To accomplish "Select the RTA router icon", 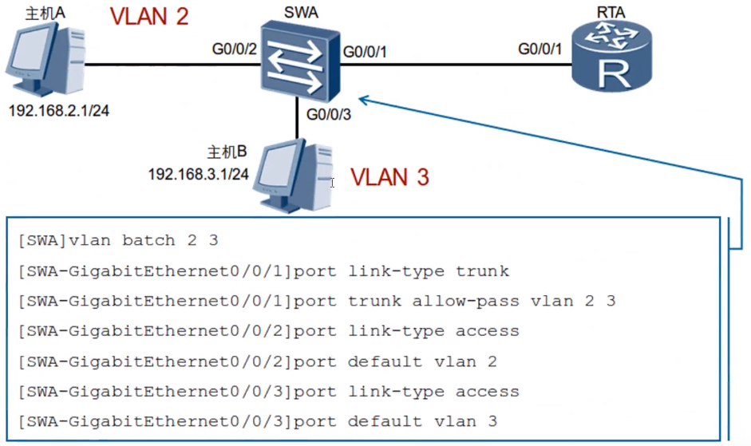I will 611,61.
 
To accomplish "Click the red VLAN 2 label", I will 149,17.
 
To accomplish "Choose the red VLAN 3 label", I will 390,176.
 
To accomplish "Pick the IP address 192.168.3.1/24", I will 198,172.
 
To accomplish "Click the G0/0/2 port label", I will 234,49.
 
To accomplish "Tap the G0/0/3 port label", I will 329,114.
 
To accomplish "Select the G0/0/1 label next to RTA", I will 540,49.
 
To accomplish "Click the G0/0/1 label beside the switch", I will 366,53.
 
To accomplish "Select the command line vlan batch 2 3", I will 117,240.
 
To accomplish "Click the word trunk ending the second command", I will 482,270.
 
